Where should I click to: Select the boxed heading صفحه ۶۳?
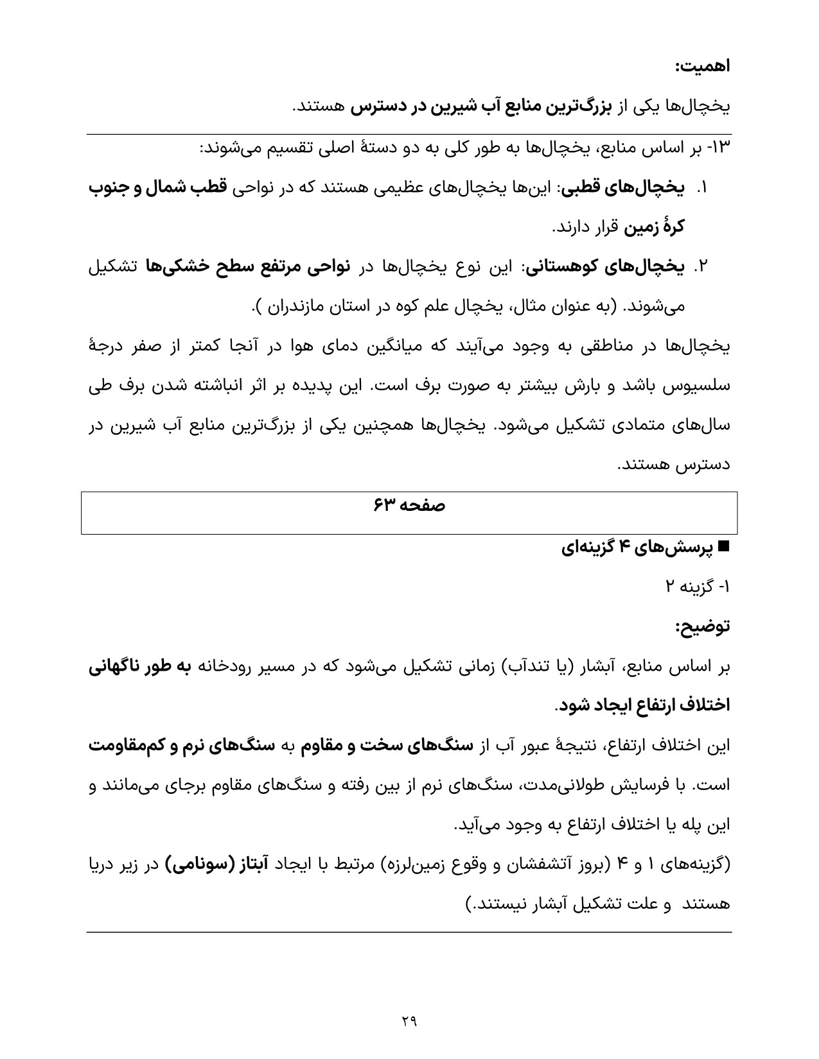409,506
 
